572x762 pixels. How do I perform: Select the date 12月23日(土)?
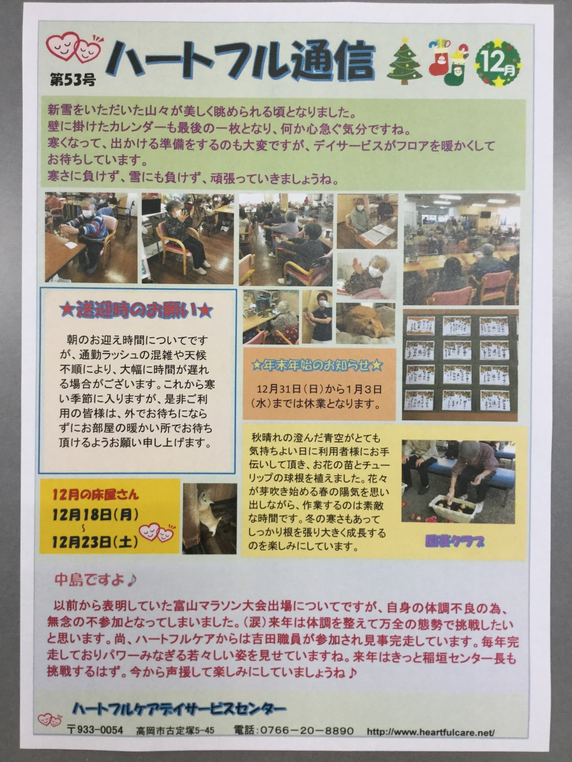click(95, 541)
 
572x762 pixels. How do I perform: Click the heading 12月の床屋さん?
click(96, 495)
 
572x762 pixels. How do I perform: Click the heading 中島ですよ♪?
click(95, 580)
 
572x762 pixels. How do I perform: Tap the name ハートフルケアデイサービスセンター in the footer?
click(179, 708)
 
